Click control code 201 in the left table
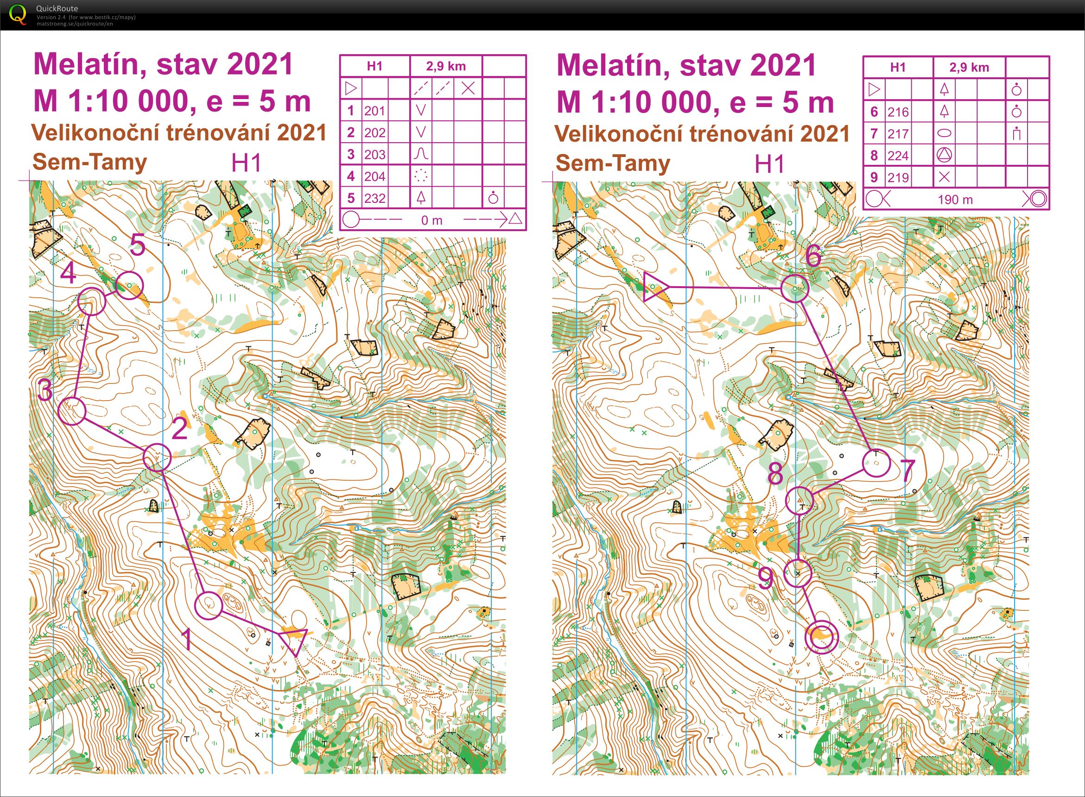click(374, 111)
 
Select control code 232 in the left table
click(374, 198)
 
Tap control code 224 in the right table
click(898, 155)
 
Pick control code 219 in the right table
click(898, 177)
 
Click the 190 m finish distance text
click(955, 200)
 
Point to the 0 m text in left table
click(431, 220)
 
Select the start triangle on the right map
click(654, 288)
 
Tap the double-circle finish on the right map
click(821, 637)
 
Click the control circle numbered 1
click(209, 605)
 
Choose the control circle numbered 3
click(72, 411)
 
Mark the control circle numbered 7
click(876, 463)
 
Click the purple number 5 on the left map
click(138, 245)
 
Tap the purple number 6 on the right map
click(813, 256)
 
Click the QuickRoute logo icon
click(18, 14)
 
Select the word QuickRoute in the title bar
click(57, 8)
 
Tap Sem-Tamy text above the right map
click(613, 163)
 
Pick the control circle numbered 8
click(799, 500)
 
